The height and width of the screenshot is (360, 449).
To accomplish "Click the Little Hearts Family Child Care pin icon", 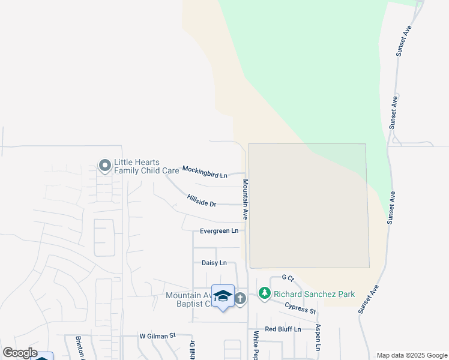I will coord(104,165).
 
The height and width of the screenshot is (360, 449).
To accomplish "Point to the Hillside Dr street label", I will coord(201,200).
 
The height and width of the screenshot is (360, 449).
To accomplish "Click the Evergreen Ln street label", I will coord(219,231).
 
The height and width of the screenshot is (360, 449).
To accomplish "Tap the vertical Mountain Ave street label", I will coord(246,199).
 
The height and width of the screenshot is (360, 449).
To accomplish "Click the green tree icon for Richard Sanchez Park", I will coord(264,293).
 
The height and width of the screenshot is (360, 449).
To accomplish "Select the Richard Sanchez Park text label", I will coord(314,294).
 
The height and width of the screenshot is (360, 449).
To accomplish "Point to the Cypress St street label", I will coord(300,308).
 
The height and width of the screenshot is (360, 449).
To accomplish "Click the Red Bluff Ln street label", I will coord(283,329).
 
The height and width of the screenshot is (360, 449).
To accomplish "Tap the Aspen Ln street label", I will coord(319,340).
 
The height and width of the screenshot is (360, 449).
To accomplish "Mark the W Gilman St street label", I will coord(157,336).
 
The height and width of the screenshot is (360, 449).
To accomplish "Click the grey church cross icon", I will coord(240,298).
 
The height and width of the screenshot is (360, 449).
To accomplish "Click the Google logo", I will coord(20,353).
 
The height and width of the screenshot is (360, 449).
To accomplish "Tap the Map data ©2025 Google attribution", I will coord(412,355).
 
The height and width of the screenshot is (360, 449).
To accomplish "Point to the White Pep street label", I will coord(256,344).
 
